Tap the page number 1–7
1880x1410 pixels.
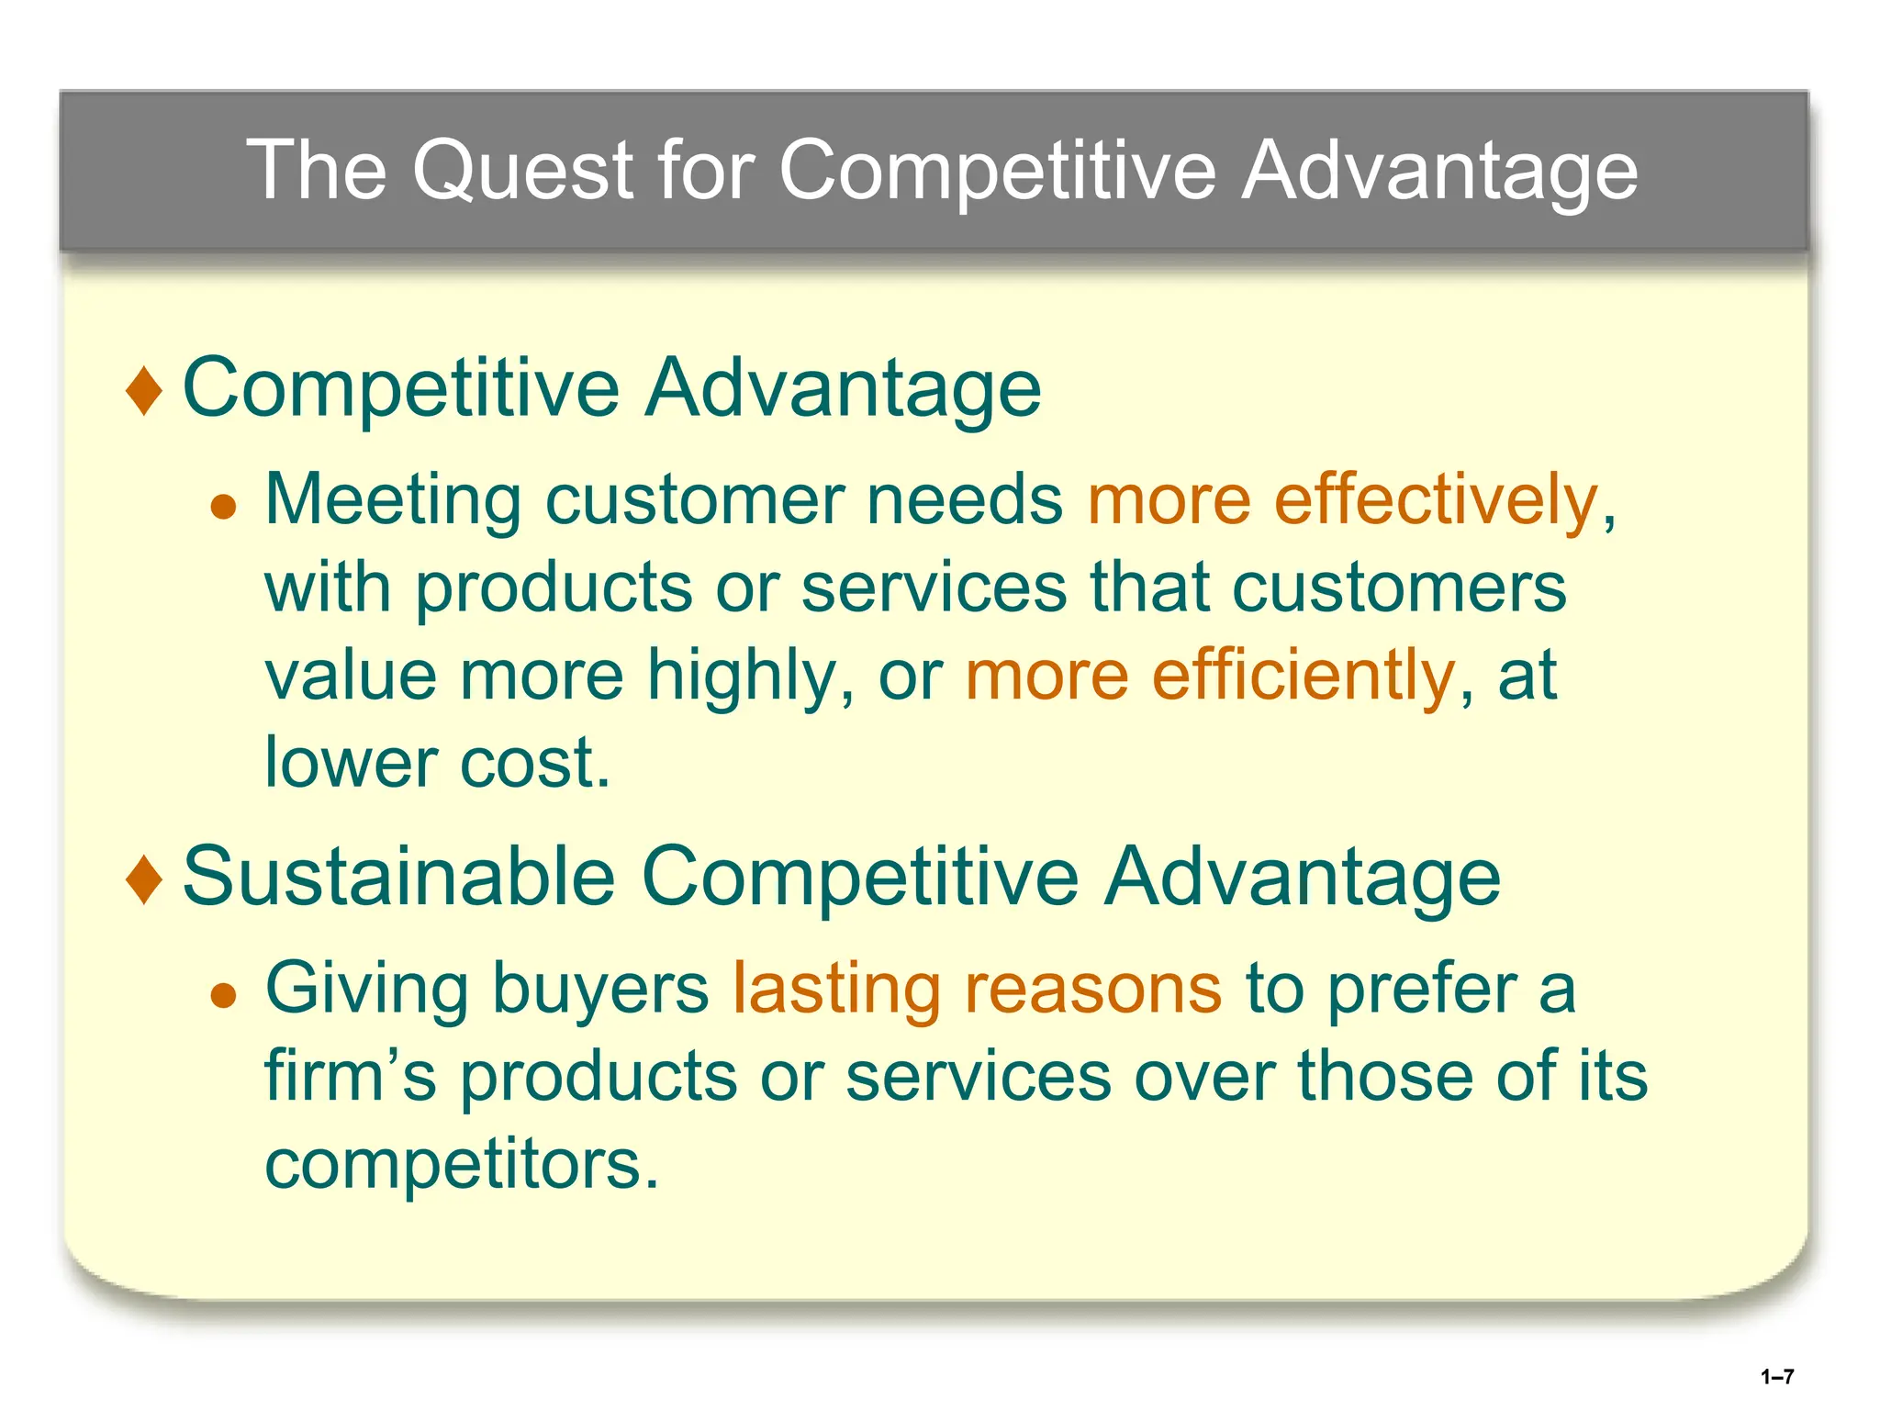[x=1777, y=1376]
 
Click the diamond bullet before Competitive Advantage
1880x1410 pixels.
[x=144, y=390]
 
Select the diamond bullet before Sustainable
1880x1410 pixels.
[x=144, y=878]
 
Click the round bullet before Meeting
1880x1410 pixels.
[x=223, y=506]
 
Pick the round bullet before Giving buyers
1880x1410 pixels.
[x=223, y=994]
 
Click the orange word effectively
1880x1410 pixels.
[x=1436, y=500]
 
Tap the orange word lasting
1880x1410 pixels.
[x=836, y=990]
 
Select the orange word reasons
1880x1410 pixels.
[x=1092, y=990]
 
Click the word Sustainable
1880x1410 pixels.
[x=398, y=876]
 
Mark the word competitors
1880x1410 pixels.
[x=461, y=1164]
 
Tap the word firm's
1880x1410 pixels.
[x=350, y=1076]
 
